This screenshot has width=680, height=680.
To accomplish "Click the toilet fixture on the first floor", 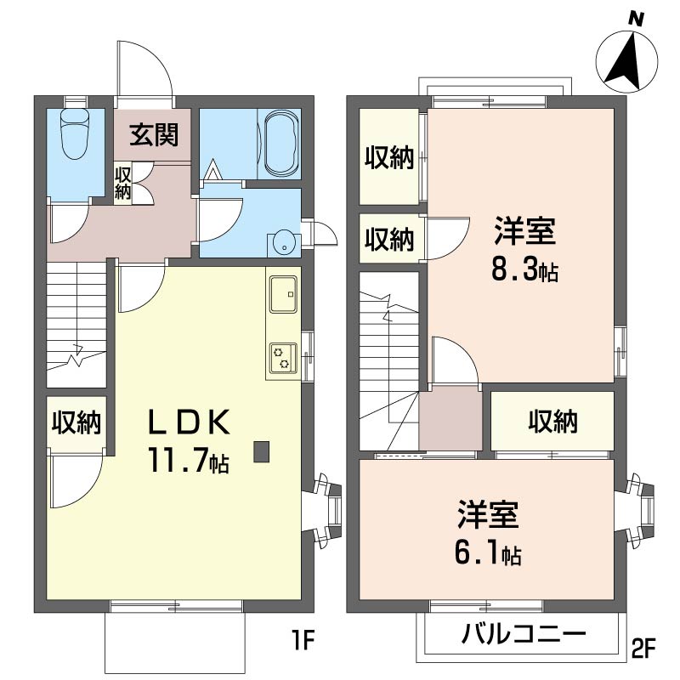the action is click(x=76, y=133).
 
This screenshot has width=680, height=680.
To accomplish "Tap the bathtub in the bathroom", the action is click(x=282, y=142).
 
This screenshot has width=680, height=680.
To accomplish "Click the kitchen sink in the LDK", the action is click(x=283, y=294).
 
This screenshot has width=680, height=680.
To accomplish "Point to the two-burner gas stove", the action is click(x=283, y=358).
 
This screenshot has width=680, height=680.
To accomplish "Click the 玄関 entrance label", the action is click(x=154, y=134).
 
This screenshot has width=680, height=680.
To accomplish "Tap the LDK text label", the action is click(x=189, y=422).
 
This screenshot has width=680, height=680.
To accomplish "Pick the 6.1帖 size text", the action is click(x=488, y=553).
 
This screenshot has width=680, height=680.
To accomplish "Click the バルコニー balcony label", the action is click(x=524, y=635).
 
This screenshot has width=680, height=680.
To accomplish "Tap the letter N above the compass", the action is click(x=636, y=19).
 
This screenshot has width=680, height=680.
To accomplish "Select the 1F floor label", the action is click(x=303, y=640).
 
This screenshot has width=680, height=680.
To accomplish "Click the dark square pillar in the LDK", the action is click(x=262, y=451).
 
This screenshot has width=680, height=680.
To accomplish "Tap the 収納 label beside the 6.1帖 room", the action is click(x=552, y=421).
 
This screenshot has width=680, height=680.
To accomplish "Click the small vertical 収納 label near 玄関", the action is click(x=122, y=183).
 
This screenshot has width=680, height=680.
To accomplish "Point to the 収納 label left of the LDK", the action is click(x=76, y=422).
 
